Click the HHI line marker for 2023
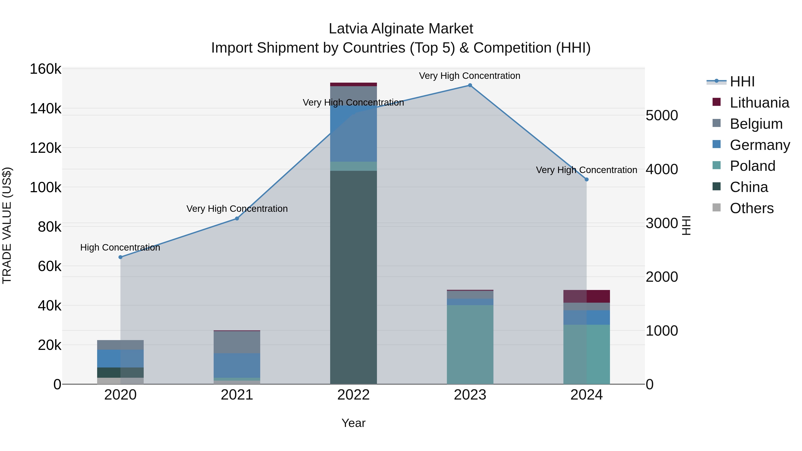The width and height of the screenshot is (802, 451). (470, 85)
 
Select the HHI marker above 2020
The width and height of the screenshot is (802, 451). (121, 257)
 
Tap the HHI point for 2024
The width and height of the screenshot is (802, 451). (587, 180)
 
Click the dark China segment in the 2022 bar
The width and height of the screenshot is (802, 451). (353, 277)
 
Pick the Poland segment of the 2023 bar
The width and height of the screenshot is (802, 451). (470, 344)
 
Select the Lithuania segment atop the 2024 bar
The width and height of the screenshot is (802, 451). (587, 296)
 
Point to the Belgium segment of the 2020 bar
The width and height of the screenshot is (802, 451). (121, 345)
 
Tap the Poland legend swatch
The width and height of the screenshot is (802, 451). (716, 165)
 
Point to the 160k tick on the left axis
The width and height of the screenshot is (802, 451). (45, 69)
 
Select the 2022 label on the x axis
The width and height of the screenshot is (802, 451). (353, 395)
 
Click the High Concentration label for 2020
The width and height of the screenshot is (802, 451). (120, 247)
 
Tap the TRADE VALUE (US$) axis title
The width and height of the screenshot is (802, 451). (7, 225)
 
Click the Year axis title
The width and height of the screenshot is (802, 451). (353, 423)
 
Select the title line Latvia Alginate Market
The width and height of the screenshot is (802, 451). (401, 29)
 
